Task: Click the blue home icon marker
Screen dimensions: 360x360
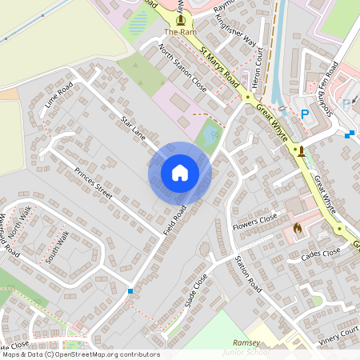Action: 180,172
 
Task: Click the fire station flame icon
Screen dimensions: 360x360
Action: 298,228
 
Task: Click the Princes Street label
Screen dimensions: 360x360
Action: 94,183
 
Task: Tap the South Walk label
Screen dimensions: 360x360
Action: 58,247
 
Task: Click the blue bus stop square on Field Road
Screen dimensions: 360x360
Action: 130,291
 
